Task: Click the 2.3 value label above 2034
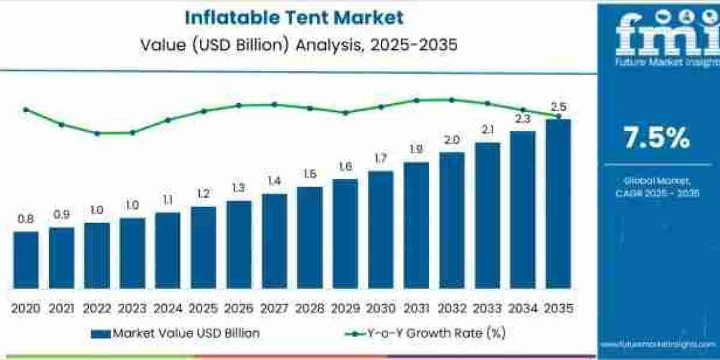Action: pyautogui.click(x=523, y=119)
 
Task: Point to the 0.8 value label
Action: pyautogui.click(x=25, y=220)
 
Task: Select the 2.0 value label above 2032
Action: pyautogui.click(x=451, y=140)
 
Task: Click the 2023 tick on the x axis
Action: pyautogui.click(x=132, y=308)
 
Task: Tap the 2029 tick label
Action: pyautogui.click(x=345, y=308)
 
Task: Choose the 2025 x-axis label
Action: pyautogui.click(x=203, y=308)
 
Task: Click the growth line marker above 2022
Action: pyautogui.click(x=97, y=133)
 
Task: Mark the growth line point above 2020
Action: pyautogui.click(x=25, y=110)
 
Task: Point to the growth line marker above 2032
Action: pyautogui.click(x=451, y=100)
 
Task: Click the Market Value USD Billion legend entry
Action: pyautogui.click(x=176, y=333)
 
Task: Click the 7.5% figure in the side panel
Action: pyautogui.click(x=657, y=139)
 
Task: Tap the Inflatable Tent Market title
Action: pyautogui.click(x=294, y=17)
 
